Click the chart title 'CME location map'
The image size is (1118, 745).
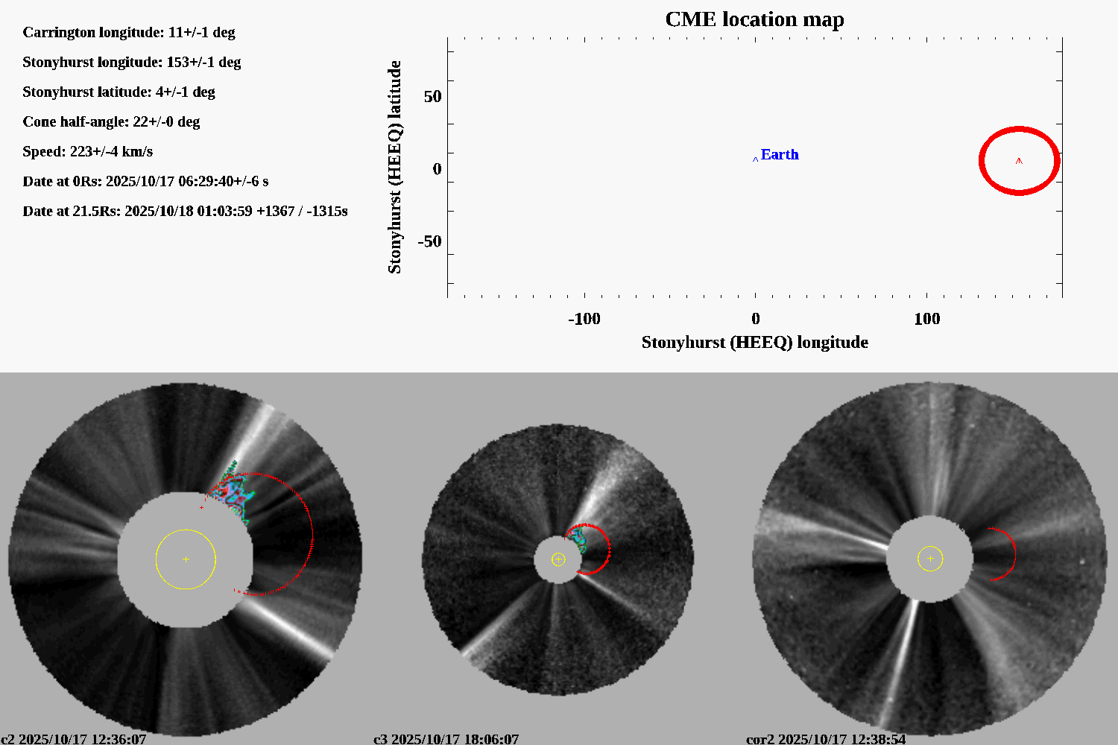[754, 19]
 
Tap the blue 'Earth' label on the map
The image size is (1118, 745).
[779, 154]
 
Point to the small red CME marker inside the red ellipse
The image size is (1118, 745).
[1019, 160]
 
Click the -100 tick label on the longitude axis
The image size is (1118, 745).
[584, 319]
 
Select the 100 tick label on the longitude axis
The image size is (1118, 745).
[926, 319]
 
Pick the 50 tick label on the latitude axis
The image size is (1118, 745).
[432, 96]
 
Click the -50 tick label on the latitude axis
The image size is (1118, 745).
[429, 241]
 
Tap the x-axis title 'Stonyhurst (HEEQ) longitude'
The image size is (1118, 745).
[754, 342]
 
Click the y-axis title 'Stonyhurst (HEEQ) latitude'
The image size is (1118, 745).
[394, 167]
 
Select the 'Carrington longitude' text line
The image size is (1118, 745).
[129, 32]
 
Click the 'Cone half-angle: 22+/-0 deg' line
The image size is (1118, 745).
[111, 121]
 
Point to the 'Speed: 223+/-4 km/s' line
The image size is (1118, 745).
[87, 151]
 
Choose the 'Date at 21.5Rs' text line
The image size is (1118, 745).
[185, 211]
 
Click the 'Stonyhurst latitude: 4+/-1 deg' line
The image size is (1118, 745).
[119, 92]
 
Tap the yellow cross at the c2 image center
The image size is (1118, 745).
[186, 559]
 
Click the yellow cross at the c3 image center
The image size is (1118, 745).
[558, 559]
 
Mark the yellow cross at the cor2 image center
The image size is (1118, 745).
[930, 558]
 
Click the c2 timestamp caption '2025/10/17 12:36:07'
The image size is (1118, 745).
[82, 739]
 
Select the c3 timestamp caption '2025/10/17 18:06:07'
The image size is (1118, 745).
[455, 739]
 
